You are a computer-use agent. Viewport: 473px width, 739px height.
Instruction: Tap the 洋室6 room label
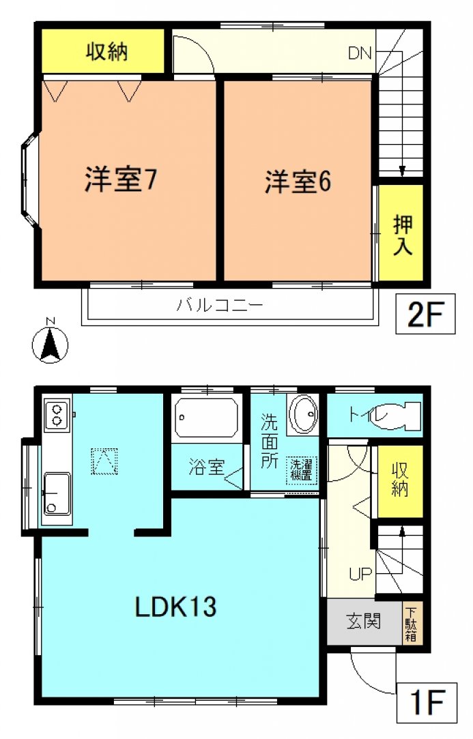298,182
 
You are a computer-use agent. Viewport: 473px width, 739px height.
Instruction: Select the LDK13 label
176,607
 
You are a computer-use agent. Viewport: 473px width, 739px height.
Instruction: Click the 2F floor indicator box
425,314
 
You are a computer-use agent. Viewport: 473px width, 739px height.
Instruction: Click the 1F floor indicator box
427,703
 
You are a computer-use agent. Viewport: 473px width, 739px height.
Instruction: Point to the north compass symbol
50,342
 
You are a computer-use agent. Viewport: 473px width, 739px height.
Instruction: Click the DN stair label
360,53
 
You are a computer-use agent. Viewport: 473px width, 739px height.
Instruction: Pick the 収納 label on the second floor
107,52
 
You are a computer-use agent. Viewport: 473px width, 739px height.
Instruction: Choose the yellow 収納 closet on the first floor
400,482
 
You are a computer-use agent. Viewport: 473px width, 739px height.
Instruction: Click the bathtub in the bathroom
206,417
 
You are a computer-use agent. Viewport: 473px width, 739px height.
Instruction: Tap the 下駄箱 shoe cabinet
412,624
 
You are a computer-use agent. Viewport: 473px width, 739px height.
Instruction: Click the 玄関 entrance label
363,622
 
